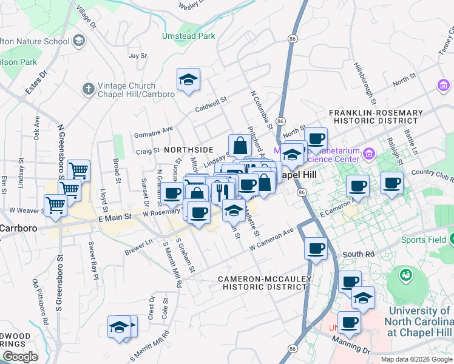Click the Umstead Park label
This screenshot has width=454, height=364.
[188, 36]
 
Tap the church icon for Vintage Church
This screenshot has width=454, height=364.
[89, 89]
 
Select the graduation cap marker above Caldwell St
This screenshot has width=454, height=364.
[188, 79]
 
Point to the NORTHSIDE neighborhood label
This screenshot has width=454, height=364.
[188, 149]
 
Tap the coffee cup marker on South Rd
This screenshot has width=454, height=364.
[316, 248]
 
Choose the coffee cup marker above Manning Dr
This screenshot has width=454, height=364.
[349, 322]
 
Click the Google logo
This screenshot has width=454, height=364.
[20, 356]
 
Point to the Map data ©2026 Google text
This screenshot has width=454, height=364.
[416, 359]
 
